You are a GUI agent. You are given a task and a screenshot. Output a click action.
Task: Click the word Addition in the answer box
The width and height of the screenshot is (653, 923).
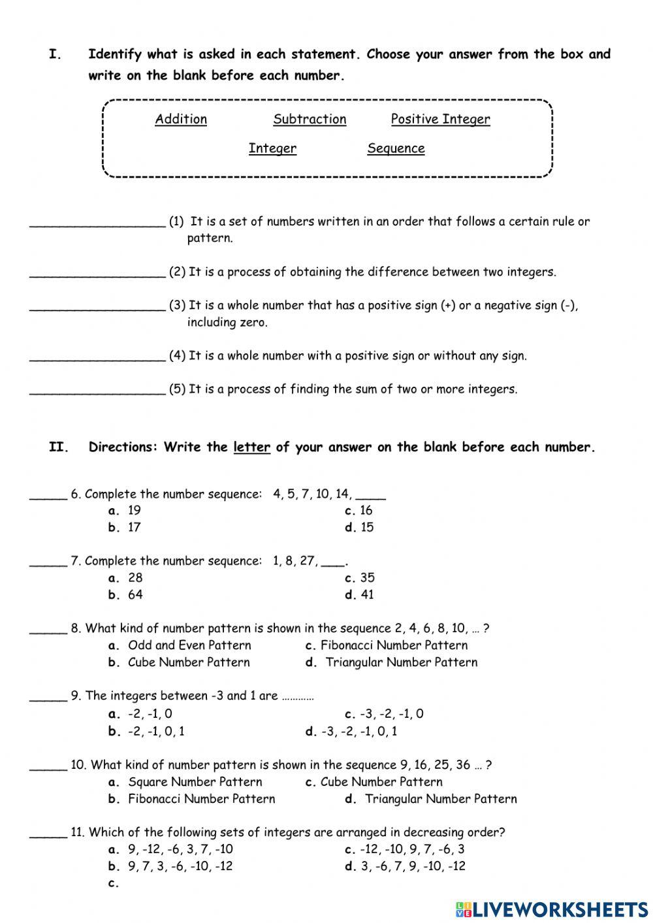(x=181, y=119)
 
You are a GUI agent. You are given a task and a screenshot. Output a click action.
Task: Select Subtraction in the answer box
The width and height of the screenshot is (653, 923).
(x=310, y=119)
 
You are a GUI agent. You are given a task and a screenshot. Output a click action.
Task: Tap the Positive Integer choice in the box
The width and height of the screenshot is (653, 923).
(x=440, y=119)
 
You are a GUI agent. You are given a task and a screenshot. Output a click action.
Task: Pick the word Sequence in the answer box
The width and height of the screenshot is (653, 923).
(x=396, y=148)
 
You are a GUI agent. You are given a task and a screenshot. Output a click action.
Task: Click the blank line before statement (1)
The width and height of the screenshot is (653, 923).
(x=97, y=222)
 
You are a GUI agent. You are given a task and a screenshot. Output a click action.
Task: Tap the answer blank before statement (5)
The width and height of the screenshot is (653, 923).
(x=97, y=390)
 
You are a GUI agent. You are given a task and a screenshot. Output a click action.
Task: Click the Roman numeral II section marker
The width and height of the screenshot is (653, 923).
(x=59, y=447)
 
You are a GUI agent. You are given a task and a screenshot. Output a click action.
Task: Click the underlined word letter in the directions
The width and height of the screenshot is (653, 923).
(x=251, y=447)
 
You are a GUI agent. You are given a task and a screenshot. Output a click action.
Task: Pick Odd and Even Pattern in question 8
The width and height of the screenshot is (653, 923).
(x=180, y=645)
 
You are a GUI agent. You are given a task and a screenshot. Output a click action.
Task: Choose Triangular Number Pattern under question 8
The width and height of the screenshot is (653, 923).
(x=392, y=662)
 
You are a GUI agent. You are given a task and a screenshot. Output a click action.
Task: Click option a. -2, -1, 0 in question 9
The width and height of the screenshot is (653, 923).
(x=141, y=714)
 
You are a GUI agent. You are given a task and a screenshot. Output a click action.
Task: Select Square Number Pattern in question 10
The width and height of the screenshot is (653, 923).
(x=186, y=782)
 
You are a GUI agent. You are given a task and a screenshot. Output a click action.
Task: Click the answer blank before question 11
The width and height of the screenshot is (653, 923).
(x=48, y=834)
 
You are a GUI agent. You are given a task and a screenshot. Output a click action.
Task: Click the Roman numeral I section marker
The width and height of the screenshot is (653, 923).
(x=55, y=54)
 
